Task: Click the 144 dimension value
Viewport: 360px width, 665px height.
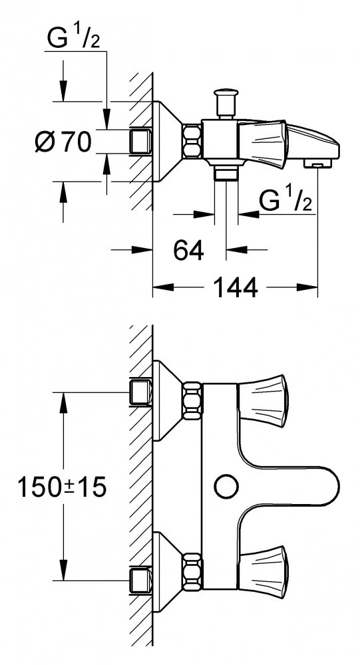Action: (235, 288)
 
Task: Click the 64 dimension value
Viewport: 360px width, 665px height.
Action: (188, 251)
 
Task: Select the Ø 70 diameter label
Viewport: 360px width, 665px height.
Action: (63, 142)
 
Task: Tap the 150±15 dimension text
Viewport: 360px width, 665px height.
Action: (62, 487)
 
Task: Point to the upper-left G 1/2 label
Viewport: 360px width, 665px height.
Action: (73, 39)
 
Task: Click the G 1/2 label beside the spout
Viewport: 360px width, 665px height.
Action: (285, 201)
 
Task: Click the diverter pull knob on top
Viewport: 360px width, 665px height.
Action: (226, 102)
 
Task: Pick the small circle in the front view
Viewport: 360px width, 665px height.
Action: (226, 486)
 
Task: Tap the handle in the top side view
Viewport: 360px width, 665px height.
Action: (263, 142)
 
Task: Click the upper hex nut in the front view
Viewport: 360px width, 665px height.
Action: (192, 400)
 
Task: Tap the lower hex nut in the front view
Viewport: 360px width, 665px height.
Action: (192, 571)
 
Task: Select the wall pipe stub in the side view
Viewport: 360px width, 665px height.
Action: (140, 142)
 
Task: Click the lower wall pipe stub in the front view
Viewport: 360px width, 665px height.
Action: (140, 580)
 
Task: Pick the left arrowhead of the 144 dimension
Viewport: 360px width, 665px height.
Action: (164, 287)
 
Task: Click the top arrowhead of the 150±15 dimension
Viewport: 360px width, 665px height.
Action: (63, 403)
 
